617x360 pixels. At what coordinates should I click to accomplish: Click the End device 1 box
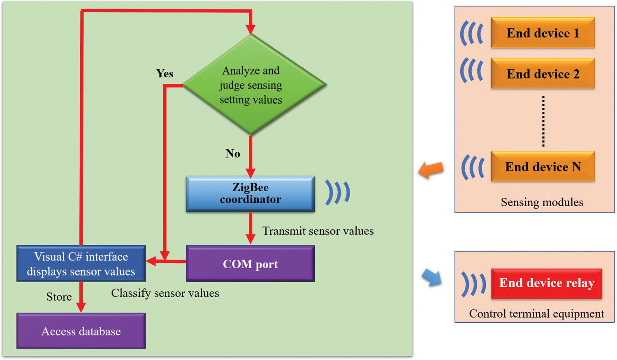[543, 33]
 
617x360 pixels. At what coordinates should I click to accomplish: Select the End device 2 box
[543, 74]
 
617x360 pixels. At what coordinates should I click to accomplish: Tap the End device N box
[543, 167]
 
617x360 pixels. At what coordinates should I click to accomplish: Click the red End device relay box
[546, 283]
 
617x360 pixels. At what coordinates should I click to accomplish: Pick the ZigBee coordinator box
[250, 194]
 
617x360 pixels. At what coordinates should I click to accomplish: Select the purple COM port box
[250, 264]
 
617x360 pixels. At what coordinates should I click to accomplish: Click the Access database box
[81, 331]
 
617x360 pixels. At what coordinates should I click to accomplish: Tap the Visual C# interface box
[81, 264]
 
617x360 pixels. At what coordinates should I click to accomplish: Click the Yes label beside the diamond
[165, 74]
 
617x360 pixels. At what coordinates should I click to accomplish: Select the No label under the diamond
[233, 153]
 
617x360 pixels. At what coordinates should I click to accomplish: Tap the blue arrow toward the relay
[432, 278]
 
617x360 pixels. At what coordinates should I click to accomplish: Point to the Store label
[59, 297]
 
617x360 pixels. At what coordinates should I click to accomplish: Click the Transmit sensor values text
[318, 231]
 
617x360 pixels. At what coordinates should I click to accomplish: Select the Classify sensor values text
[165, 293]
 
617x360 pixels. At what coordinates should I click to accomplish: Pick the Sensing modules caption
[542, 202]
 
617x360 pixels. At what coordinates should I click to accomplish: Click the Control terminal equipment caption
[536, 314]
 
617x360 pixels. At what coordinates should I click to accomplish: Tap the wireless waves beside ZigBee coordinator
[338, 192]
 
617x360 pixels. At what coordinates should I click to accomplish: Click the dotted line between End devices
[543, 121]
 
